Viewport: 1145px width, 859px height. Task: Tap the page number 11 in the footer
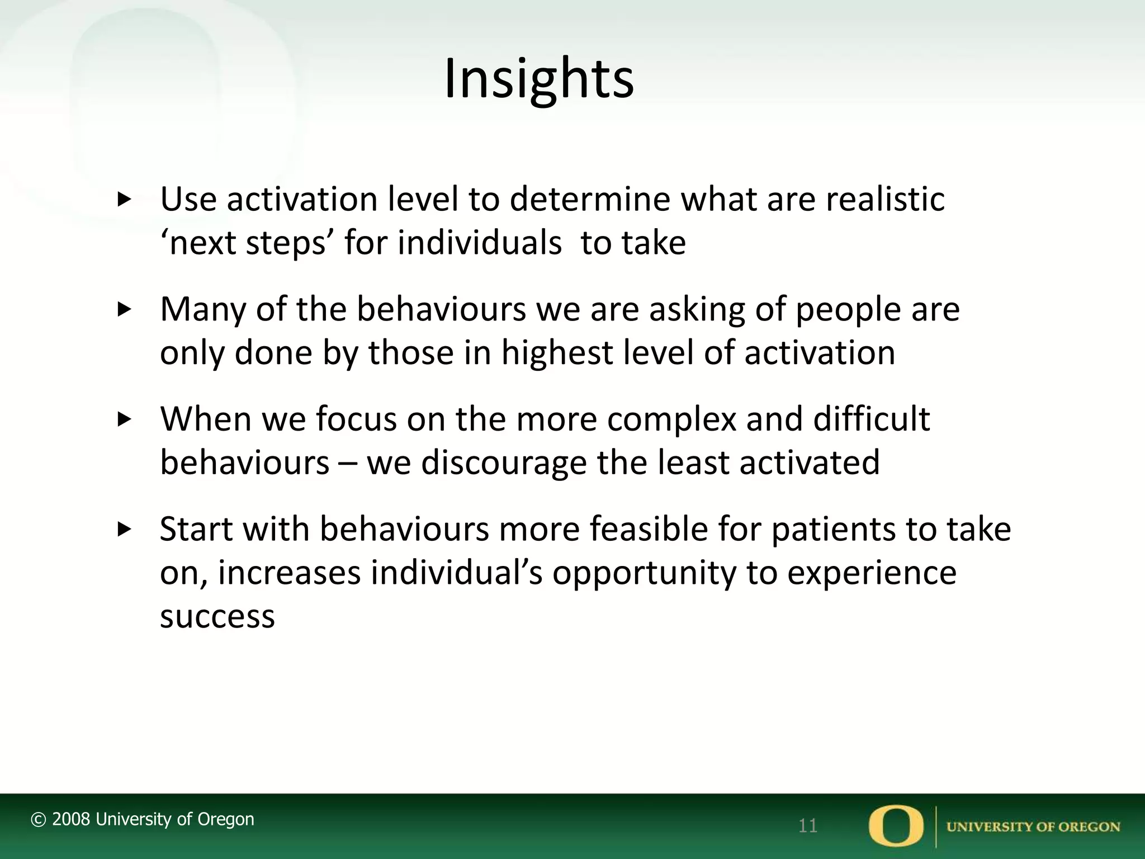808,825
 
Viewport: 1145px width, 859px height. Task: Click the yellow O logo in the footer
896,825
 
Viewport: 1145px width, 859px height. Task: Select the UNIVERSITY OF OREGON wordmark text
1033,827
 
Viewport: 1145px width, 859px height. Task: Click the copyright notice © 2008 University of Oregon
143,819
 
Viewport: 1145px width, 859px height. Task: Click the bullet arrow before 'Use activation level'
124,199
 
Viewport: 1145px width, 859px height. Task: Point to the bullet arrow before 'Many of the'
124,309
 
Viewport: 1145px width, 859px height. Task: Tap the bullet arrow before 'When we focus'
124,419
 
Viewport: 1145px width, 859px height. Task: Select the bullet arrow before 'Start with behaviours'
124,529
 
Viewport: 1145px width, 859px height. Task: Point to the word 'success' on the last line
217,617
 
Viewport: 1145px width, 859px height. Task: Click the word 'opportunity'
644,573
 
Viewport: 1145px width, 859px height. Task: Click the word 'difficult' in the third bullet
871,419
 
